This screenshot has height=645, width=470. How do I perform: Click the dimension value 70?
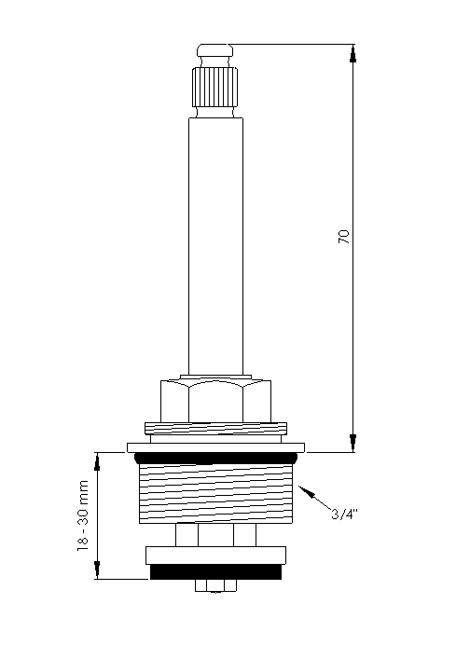(344, 237)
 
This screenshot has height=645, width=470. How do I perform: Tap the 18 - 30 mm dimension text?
(83, 515)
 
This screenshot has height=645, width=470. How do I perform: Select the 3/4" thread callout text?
(344, 514)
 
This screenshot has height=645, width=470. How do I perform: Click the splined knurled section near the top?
(214, 88)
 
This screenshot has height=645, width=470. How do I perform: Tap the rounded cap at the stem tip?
(214, 50)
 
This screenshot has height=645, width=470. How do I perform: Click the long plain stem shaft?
(215, 247)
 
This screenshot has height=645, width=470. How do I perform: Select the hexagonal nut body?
(215, 401)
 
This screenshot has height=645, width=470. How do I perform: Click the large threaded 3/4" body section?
(215, 493)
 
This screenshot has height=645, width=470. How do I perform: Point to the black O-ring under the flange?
(215, 458)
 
